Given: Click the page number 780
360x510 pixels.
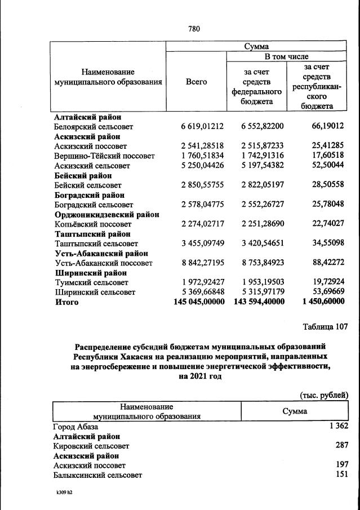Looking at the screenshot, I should pyautogui.click(x=195, y=29).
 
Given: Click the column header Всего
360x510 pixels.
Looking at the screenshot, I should pyautogui.click(x=196, y=82).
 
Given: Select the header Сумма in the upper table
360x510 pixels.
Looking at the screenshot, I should pyautogui.click(x=256, y=47).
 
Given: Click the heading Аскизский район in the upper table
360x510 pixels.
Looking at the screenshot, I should pyautogui.click(x=87, y=136).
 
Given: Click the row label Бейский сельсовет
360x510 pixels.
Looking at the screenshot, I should pyautogui.click(x=88, y=185).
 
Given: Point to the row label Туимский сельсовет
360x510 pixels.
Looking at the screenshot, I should pyautogui.click(x=91, y=282).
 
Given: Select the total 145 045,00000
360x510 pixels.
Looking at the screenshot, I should pyautogui.click(x=199, y=302).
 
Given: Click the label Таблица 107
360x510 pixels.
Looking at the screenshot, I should pyautogui.click(x=325, y=326).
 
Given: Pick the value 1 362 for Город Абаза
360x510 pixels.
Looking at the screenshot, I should pyautogui.click(x=340, y=427).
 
